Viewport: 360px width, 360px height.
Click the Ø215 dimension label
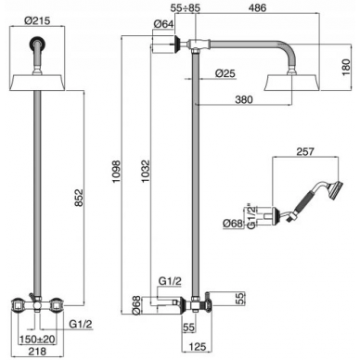coord(37,20)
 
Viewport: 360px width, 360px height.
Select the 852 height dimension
coord(79,198)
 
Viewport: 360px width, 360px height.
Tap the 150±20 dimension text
coord(37,340)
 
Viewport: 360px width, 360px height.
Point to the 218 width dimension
coord(37,351)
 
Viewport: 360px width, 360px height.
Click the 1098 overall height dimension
coord(117,171)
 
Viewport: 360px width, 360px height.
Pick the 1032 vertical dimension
coord(146,171)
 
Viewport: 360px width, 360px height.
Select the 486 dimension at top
coord(257,8)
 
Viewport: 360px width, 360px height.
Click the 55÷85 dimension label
coord(186,8)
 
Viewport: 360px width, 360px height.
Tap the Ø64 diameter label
coord(163,24)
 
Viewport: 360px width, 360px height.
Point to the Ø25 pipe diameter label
coord(225,73)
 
